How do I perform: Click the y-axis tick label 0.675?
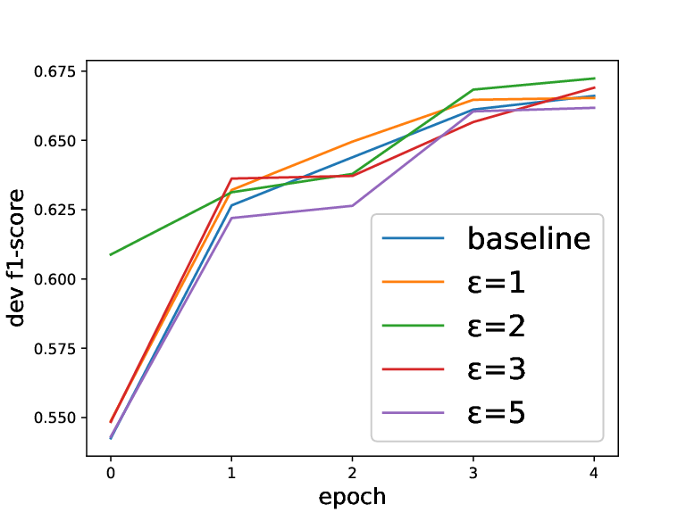coord(54,71)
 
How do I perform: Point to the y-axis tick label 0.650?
coord(54,141)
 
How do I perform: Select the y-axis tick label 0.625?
coord(54,211)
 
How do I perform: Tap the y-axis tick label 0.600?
coord(54,279)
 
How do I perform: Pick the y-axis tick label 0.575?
coord(54,349)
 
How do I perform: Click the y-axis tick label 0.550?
coord(54,418)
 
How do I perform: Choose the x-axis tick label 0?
coord(111,473)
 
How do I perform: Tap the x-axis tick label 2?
coord(352,473)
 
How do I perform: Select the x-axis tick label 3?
coord(473,473)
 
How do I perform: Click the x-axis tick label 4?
coord(594,473)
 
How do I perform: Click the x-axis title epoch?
coord(352,497)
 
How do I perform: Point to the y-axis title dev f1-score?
coord(16,258)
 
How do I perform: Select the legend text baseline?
coord(529,238)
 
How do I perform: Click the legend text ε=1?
coord(496,282)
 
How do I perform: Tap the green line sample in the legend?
coord(413,326)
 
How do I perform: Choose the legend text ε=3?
coord(496,369)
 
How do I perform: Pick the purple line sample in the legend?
coord(413,413)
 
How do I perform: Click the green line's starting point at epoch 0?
coord(111,254)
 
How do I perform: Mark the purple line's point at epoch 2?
coord(352,205)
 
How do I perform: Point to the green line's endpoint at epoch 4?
coord(594,79)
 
